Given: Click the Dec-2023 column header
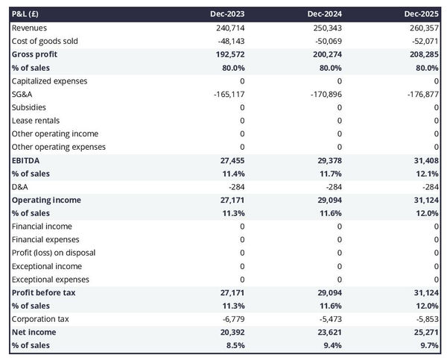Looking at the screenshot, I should click(x=227, y=14).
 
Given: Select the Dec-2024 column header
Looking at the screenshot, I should click(x=325, y=14).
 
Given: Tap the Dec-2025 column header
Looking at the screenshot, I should click(x=422, y=14).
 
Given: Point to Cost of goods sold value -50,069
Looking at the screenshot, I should click(x=326, y=41).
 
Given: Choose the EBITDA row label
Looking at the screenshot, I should click(x=25, y=160).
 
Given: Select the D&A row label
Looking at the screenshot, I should click(x=20, y=187).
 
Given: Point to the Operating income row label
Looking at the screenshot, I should click(x=46, y=200).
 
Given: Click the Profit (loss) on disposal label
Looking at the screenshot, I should click(x=53, y=253).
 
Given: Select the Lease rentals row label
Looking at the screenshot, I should click(x=36, y=121).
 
